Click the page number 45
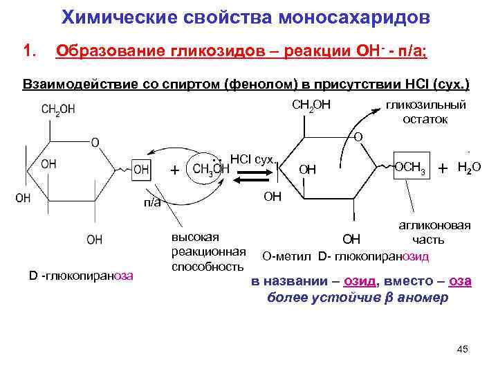pyautogui.click(x=463, y=348)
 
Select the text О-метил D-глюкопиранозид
pyautogui.click(x=346, y=256)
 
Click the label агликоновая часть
pyautogui.click(x=434, y=233)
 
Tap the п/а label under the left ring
pyautogui.click(x=152, y=202)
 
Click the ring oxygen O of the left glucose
pyautogui.click(x=95, y=142)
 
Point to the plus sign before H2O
pyautogui.click(x=443, y=168)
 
